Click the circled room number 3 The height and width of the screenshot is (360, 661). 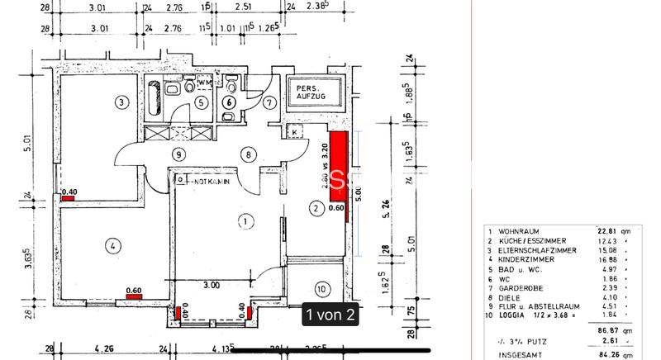[x=121, y=102]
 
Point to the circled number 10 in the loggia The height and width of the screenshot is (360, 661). [x=321, y=288]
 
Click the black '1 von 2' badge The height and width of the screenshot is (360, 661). [x=331, y=315]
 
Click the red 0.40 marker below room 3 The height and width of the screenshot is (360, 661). [x=68, y=196]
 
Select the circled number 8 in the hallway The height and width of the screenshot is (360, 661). [x=247, y=154]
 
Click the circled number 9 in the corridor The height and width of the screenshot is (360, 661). [x=177, y=154]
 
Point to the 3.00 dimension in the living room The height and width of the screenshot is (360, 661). [x=212, y=285]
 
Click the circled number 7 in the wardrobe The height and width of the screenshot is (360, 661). [x=269, y=103]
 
